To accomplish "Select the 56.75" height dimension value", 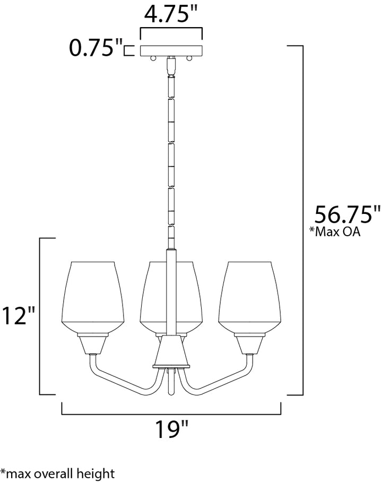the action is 346,214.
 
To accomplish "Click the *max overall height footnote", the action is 57,474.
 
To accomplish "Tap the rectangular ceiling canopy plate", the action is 171,51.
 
